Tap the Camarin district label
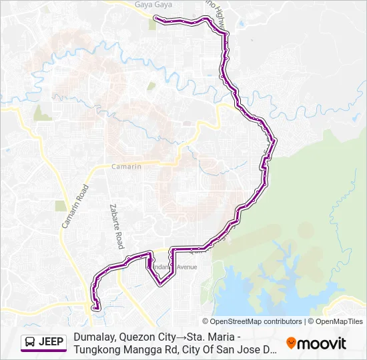126,167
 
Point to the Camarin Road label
75,206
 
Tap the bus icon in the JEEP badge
30,343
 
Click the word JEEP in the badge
51,343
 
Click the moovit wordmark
322,343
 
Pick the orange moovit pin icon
291,343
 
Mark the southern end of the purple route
97,308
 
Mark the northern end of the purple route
155,17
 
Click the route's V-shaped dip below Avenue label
160,284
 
